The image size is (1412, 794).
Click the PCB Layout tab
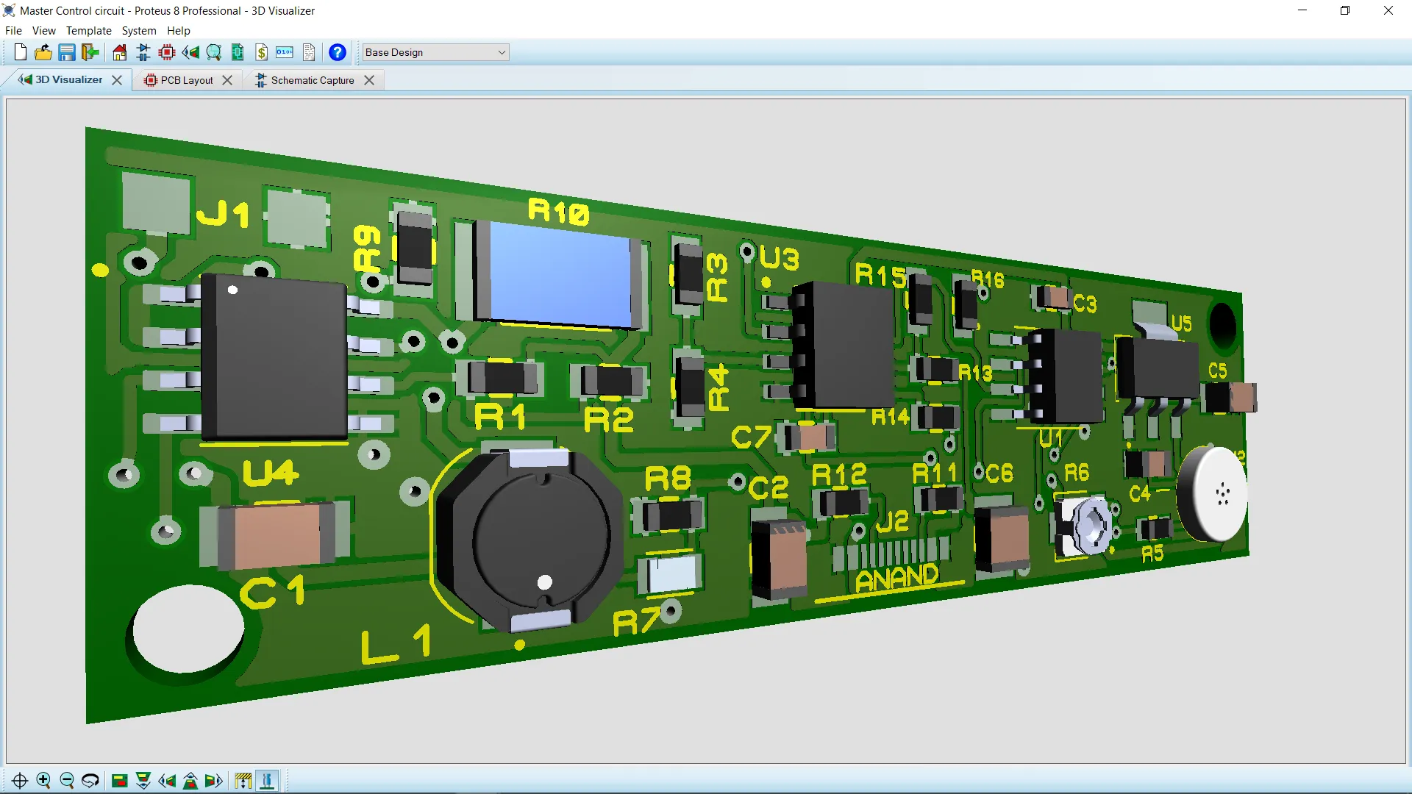(186, 80)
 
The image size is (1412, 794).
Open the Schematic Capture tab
(312, 80)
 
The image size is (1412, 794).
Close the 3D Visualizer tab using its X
(117, 80)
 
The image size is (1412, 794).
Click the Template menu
(88, 31)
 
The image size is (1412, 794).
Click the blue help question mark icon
(337, 52)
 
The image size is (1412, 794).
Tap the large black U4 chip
(274, 357)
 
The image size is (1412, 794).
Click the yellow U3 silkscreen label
(779, 259)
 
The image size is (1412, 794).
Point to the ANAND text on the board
(897, 578)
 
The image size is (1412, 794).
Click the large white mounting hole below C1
(188, 629)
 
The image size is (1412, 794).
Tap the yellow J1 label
(222, 215)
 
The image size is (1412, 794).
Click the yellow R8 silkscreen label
(668, 479)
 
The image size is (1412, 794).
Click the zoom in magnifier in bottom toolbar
(43, 780)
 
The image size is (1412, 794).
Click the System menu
(138, 31)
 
